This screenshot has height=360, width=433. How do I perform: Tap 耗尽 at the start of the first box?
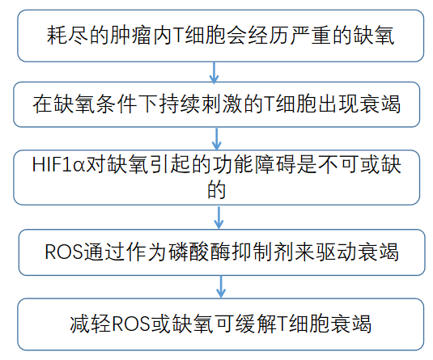[x=67, y=36]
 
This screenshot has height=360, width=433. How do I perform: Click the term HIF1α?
[x=58, y=164]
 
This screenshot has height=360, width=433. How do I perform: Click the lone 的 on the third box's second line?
[x=217, y=189]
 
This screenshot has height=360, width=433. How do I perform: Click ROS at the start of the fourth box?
[x=63, y=252]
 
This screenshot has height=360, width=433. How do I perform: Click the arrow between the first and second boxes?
[x=214, y=72]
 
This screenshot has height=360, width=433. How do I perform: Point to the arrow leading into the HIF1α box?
[x=217, y=139]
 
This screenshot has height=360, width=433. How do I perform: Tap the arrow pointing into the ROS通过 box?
[x=219, y=218]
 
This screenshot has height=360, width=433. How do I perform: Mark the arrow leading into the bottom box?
[x=221, y=286]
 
